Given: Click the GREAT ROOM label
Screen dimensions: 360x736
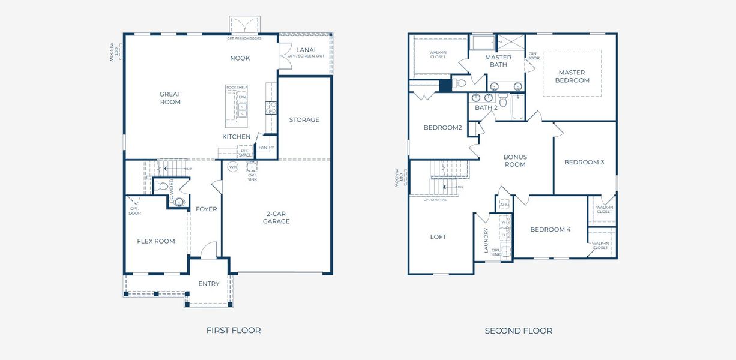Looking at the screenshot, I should coord(170,98).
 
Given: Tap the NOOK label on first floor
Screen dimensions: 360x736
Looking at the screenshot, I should coord(240,58).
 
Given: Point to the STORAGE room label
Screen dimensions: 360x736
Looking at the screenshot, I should coord(304,119).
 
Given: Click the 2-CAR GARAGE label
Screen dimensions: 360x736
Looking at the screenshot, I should coord(276,217).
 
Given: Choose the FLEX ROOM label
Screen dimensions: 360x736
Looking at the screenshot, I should coord(156,241).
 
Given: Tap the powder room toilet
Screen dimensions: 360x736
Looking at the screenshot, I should coord(160,187).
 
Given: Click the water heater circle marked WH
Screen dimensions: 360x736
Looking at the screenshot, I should coord(232,166).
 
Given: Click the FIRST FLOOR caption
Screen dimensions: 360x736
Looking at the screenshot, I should coord(234,330).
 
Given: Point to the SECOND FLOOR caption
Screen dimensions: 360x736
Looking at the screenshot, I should coord(518,331).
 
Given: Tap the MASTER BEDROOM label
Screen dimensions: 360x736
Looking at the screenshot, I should coord(572,76).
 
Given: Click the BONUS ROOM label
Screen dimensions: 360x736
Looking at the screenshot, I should coord(515,160).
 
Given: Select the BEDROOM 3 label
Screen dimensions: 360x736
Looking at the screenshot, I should coord(584,162).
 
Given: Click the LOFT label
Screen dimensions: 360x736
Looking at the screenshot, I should coord(438,237).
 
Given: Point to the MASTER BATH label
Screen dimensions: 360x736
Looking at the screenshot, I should coord(498,61).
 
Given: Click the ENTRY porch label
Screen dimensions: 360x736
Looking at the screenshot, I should coord(209,284).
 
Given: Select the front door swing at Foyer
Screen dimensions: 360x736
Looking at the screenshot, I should coord(208,251).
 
